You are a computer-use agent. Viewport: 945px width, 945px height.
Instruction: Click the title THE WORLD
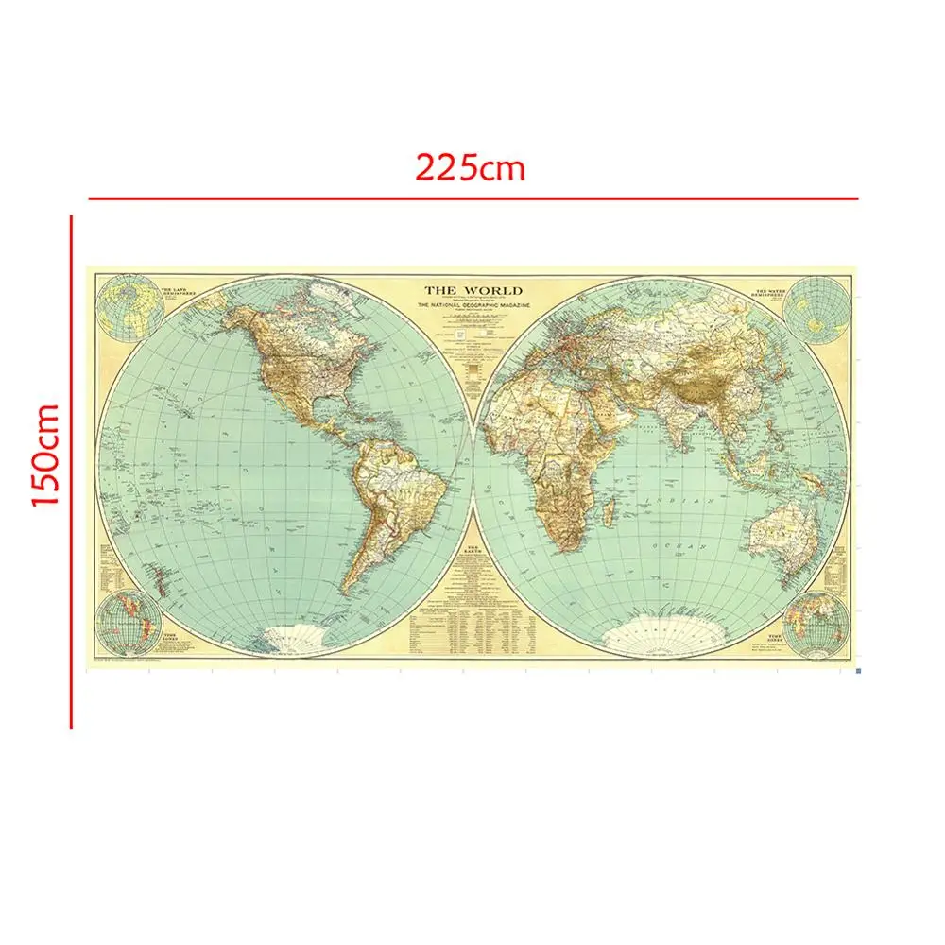click(x=472, y=291)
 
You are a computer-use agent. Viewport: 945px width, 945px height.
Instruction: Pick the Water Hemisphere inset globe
click(x=815, y=308)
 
